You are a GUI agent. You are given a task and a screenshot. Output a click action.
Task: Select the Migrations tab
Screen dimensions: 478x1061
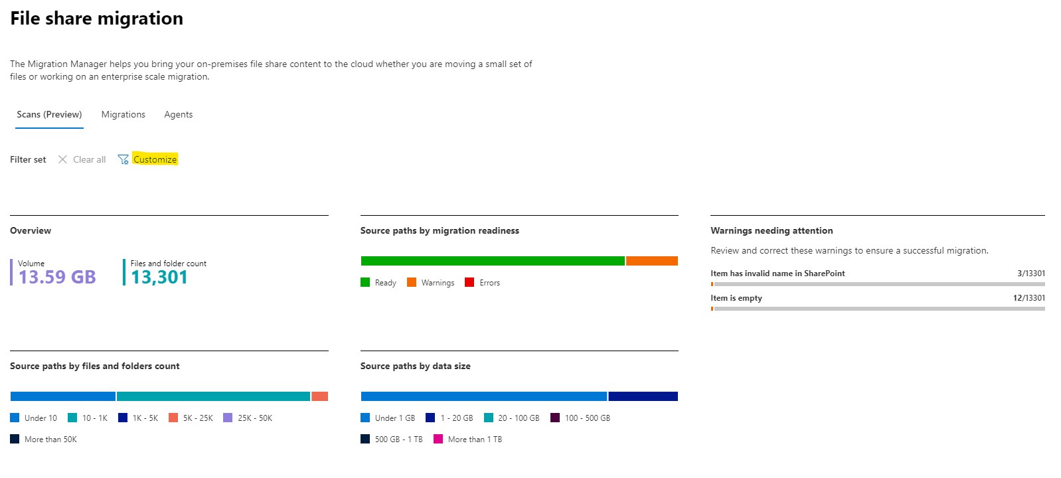click(x=123, y=114)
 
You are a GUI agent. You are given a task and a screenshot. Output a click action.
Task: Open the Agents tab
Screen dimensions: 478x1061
click(x=178, y=114)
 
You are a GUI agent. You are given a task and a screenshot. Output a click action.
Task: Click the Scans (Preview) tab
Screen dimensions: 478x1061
click(x=49, y=114)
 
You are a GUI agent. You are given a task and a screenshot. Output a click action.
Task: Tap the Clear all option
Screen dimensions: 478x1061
click(x=82, y=159)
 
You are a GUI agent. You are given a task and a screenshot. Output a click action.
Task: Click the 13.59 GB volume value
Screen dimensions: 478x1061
click(x=57, y=277)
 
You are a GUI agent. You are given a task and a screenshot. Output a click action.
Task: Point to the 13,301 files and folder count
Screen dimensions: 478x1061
click(x=159, y=277)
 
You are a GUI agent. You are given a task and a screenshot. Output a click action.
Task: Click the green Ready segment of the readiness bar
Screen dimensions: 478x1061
click(x=492, y=261)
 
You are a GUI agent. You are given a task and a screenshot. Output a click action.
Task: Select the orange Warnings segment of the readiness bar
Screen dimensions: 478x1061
click(x=651, y=261)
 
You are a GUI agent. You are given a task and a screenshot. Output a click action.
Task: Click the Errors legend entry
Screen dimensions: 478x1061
click(x=483, y=283)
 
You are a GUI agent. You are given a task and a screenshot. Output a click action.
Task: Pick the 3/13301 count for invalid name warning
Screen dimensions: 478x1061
click(x=1030, y=274)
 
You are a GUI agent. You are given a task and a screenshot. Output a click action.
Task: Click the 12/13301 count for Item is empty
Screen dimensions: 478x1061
click(x=1028, y=298)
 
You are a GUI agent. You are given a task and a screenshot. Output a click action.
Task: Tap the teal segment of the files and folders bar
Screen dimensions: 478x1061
click(x=213, y=396)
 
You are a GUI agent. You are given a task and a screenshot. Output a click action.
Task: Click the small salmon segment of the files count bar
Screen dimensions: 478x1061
click(x=319, y=396)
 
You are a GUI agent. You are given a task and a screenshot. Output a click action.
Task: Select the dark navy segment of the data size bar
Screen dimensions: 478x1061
click(x=643, y=396)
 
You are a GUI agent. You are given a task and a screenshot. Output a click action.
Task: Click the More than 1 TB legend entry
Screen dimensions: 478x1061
click(x=468, y=439)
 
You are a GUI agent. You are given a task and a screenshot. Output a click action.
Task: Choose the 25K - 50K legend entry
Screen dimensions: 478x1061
click(x=248, y=418)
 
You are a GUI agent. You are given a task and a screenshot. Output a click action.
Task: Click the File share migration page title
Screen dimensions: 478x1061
click(x=96, y=19)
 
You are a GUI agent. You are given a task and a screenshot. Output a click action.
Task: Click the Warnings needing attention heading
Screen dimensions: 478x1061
click(x=772, y=230)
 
